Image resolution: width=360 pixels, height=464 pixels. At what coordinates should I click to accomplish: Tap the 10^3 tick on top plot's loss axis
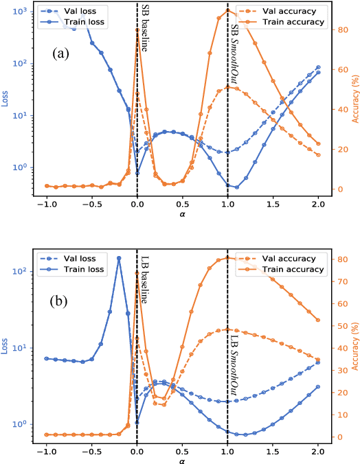[x=19, y=12]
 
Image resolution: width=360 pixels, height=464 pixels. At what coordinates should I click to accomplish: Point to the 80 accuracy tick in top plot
[x=337, y=30]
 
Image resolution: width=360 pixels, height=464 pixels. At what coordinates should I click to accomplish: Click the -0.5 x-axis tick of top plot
[x=92, y=205]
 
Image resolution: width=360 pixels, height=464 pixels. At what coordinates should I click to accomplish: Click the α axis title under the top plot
[x=182, y=214]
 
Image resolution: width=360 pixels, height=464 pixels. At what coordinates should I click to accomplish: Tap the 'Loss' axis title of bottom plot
[x=6, y=348]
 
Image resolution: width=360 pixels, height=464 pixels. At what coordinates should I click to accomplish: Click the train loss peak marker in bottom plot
[x=119, y=258]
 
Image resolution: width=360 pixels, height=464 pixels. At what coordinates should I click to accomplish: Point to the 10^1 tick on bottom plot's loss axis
[x=19, y=347]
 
